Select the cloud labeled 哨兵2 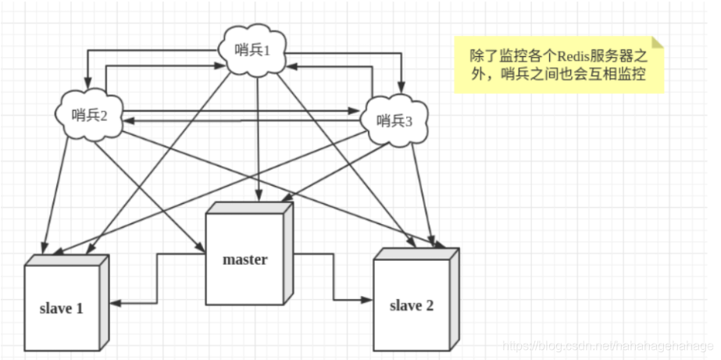91,115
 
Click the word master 244,259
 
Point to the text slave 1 61,308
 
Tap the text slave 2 411,305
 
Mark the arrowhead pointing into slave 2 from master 367,299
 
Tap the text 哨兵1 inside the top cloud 253,51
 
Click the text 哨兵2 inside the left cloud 88,116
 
